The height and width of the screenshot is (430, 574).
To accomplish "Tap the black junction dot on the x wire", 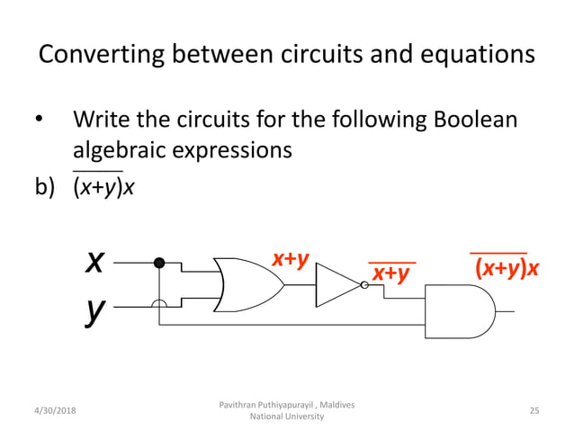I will pyautogui.click(x=159, y=263).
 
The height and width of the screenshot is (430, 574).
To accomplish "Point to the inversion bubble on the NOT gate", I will pyautogui.click(x=364, y=285).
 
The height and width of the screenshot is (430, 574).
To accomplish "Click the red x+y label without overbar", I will pyautogui.click(x=291, y=259).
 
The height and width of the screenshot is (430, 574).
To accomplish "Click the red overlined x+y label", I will pyautogui.click(x=391, y=272).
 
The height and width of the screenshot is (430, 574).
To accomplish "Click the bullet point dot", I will pyautogui.click(x=39, y=121).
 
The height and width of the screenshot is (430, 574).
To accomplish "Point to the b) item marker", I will pyautogui.click(x=45, y=187).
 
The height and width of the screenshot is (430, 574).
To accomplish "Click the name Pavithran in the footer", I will pyautogui.click(x=242, y=405).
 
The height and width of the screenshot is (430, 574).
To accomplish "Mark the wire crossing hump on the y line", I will pyautogui.click(x=159, y=306).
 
